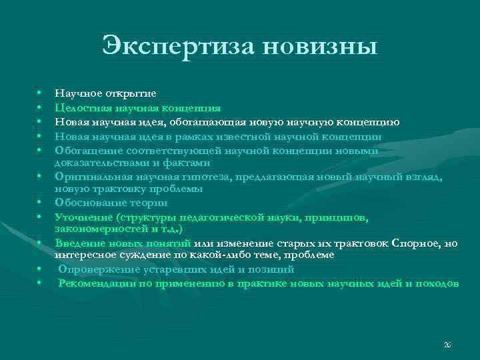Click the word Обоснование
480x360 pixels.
click(85, 203)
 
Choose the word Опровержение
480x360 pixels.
click(92, 269)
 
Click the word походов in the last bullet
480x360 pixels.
click(437, 283)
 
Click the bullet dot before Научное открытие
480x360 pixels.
click(39, 94)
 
